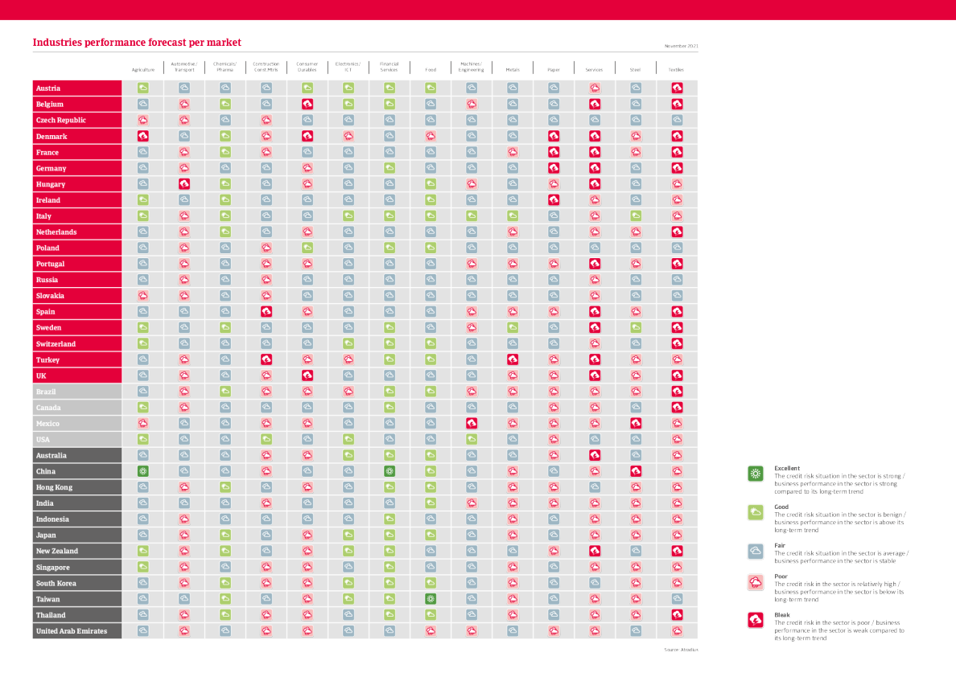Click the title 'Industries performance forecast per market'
(x=136, y=43)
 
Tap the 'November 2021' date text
(x=681, y=46)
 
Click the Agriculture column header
(x=142, y=70)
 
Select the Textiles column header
(x=677, y=70)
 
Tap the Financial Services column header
(x=389, y=67)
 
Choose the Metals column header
(x=513, y=70)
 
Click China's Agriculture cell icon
(x=142, y=471)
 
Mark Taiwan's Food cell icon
(x=431, y=599)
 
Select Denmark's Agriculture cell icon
(x=142, y=136)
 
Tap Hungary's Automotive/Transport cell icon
(x=183, y=184)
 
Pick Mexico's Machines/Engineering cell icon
(x=472, y=423)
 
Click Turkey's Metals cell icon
(x=513, y=359)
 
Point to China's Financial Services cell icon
(x=389, y=471)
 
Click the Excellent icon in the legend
(x=756, y=474)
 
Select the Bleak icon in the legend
(x=756, y=620)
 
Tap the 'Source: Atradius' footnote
(x=681, y=649)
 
